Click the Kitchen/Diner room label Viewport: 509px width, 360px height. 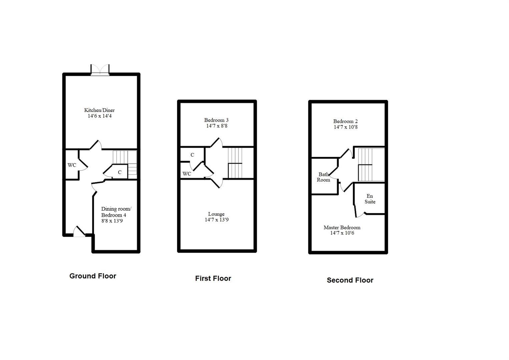pos(99,110)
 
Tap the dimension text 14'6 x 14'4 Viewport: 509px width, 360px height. pos(99,116)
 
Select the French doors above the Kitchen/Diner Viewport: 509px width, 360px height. pos(100,70)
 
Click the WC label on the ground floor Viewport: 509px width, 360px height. pos(72,165)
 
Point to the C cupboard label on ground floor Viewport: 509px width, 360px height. pos(119,172)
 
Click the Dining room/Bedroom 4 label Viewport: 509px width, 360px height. pos(116,212)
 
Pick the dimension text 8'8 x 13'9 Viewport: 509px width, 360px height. pos(112,221)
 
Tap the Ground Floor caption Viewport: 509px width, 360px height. pos(93,276)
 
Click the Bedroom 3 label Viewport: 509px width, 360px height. pos(216,120)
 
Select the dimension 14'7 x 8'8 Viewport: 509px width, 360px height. pos(217,126)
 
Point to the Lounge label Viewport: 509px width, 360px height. pos(216,214)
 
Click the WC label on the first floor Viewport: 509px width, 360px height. pos(187,174)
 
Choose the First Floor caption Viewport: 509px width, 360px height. pos(213,278)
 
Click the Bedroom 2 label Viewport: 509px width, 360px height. pos(346,121)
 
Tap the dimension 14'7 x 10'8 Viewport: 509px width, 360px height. pos(346,127)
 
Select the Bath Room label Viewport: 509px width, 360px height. pos(324,177)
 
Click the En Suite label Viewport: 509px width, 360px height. pos(370,199)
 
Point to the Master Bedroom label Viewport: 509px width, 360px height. pos(342,228)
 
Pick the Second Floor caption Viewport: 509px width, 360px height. pos(350,280)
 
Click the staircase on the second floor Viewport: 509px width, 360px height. pos(370,165)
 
